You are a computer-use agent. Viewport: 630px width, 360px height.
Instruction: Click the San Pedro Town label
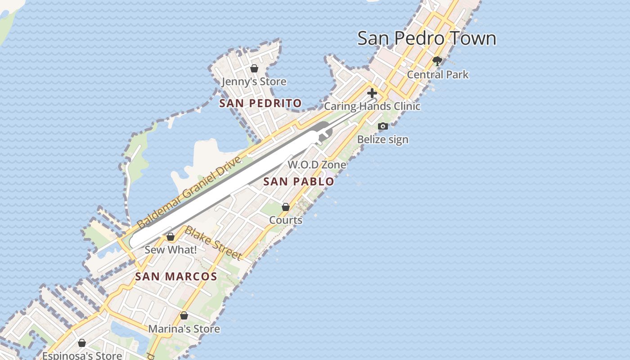[x=427, y=38]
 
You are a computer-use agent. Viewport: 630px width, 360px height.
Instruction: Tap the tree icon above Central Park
[x=436, y=61]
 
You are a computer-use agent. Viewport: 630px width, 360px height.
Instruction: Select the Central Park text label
[x=437, y=74]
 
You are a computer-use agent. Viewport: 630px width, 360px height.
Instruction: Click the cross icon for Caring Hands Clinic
[x=372, y=93]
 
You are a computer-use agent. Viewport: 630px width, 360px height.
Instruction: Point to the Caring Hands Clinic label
[x=372, y=106]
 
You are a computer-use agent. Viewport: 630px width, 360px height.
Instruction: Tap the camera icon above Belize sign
[x=383, y=126]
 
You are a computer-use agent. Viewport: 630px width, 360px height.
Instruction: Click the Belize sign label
[x=382, y=139]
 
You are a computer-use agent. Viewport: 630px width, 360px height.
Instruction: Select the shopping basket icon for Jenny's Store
[x=254, y=68]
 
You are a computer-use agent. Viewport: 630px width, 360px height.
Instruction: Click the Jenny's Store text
[x=254, y=81]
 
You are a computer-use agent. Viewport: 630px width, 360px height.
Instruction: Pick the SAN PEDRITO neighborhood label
[x=260, y=103]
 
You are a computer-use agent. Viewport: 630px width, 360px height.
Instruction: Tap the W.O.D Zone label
[x=317, y=165]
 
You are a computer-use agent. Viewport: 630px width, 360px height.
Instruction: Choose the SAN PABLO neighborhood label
[x=298, y=182]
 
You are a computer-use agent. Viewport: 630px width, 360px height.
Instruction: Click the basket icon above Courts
[x=286, y=207]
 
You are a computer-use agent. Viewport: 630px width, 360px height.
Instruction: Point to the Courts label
[x=286, y=220]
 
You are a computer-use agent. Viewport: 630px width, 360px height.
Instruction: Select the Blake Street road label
[x=213, y=243]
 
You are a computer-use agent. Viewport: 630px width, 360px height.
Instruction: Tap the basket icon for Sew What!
[x=171, y=237]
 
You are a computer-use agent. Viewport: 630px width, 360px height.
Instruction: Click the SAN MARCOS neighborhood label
[x=176, y=277]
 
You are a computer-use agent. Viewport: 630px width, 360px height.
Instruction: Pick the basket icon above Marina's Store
[x=184, y=315]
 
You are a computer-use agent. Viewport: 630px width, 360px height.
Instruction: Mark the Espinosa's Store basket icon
[x=82, y=343]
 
